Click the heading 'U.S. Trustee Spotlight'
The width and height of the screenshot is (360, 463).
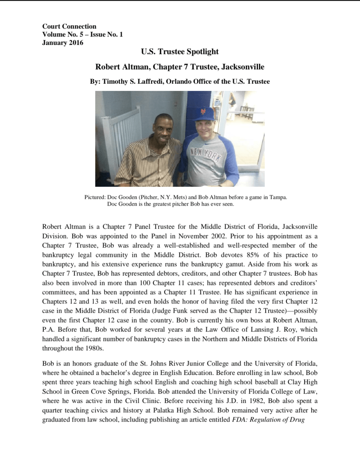pos(180,52)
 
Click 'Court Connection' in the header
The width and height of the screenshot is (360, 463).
pos(69,27)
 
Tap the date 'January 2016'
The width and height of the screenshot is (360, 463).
pos(62,43)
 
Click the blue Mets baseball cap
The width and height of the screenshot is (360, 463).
pos(204,113)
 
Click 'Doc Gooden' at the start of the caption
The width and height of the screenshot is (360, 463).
pos(119,197)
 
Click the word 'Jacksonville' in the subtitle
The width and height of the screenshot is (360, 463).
pos(243,67)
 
